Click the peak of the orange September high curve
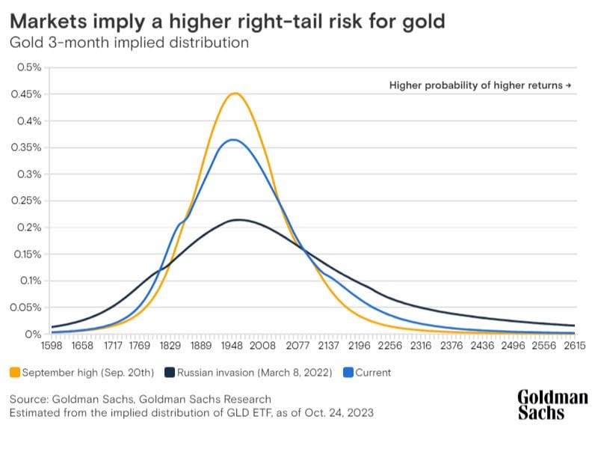coord(235,94)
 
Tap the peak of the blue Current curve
coord(234,140)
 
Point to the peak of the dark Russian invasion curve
coord(238,220)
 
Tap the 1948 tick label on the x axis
coord(235,347)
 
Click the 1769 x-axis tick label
coord(139,347)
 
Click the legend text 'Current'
coord(374,372)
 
